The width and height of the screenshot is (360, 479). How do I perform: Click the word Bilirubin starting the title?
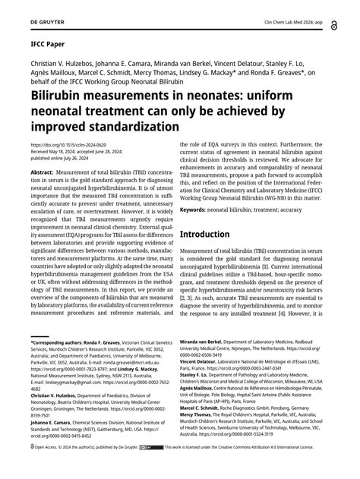[x=58, y=99]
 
